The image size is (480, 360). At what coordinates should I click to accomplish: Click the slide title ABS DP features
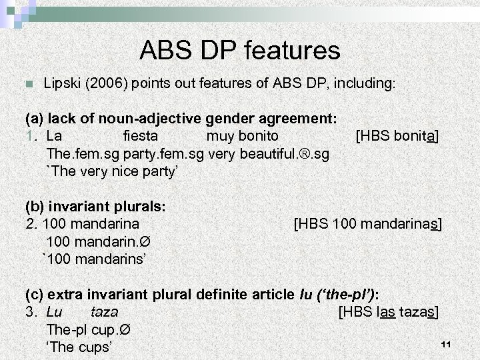pos(240,49)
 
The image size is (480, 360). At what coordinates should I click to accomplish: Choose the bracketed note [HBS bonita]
pos(397,137)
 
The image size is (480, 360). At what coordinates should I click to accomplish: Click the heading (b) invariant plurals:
pos(95,206)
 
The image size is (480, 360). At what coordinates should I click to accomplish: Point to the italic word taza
pos(104,311)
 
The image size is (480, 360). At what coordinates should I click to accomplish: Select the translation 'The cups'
pos(79,347)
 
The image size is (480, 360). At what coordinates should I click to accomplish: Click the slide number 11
pos(447,344)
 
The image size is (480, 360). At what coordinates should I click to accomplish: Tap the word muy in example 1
pos(219,137)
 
